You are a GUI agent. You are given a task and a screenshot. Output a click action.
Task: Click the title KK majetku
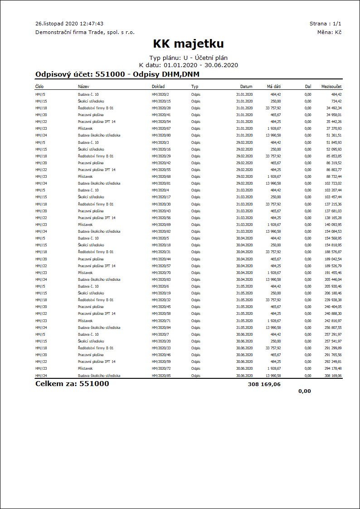tap(188, 44)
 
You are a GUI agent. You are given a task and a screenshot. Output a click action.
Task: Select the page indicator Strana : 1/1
tap(326, 24)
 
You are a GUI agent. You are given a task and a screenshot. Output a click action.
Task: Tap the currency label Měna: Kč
tap(330, 32)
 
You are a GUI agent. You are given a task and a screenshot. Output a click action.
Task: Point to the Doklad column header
tap(158, 86)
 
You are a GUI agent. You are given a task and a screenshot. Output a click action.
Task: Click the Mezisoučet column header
tap(331, 86)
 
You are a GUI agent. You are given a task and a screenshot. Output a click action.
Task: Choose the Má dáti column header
tap(274, 86)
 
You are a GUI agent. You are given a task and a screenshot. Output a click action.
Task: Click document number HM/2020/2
tap(160, 94)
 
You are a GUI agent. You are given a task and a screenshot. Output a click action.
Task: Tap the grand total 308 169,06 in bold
tap(264, 384)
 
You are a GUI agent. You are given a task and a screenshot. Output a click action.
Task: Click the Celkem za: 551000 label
tap(72, 384)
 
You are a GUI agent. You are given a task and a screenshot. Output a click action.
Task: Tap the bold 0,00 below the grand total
tap(305, 391)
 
